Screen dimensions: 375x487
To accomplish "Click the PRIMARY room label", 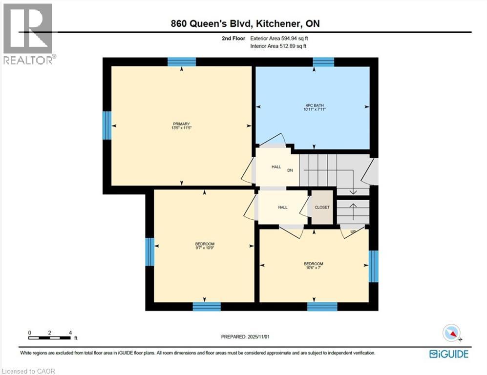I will (181, 124).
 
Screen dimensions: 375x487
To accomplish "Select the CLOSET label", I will (322, 208).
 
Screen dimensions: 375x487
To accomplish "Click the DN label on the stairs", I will (290, 170).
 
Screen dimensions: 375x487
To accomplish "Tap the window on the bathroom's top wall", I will (323, 62).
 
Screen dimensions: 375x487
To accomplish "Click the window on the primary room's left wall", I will (107, 125).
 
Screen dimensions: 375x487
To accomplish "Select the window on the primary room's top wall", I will (182, 62).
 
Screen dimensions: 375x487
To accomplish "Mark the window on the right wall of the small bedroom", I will (373, 267).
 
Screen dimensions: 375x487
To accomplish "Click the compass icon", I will (451, 333).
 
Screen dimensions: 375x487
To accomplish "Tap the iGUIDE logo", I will (448, 354).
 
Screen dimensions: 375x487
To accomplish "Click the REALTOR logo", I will (28, 34).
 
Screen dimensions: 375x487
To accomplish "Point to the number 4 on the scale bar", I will (70, 333).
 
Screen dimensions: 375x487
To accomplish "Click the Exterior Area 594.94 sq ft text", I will (278, 38).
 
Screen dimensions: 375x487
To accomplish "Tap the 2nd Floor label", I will (233, 38).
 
